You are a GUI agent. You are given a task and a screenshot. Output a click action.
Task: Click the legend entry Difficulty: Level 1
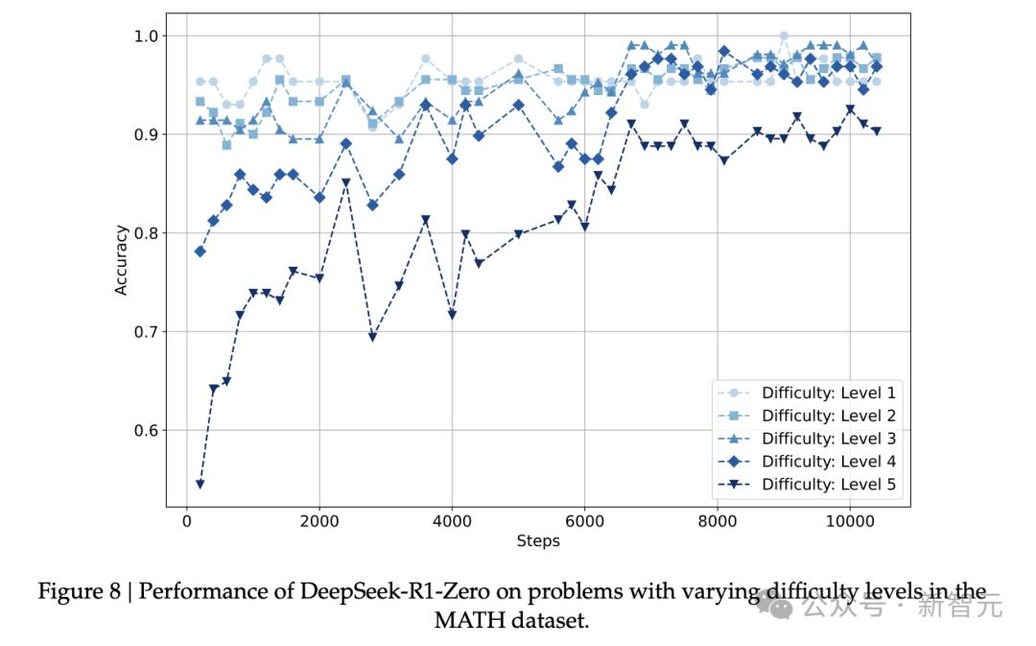pyautogui.click(x=807, y=393)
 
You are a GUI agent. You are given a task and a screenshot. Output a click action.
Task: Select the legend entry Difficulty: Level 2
pyautogui.click(x=807, y=416)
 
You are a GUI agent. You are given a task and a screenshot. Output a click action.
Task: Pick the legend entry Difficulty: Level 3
pyautogui.click(x=807, y=439)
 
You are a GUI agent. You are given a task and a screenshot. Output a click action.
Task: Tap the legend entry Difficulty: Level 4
pyautogui.click(x=807, y=462)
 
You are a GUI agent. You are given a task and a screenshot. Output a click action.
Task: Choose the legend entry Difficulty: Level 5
pyautogui.click(x=807, y=485)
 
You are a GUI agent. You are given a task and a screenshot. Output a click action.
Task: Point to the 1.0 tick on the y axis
pyautogui.click(x=146, y=36)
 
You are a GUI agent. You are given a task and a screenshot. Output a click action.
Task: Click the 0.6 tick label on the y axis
pyautogui.click(x=146, y=430)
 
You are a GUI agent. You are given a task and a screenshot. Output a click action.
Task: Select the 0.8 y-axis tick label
pyautogui.click(x=146, y=233)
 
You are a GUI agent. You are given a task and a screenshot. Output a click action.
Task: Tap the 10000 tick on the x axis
pyautogui.click(x=850, y=521)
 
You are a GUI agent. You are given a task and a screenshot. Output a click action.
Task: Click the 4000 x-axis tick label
pyautogui.click(x=452, y=521)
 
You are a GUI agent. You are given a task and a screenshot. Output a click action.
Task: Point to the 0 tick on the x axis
pyautogui.click(x=187, y=521)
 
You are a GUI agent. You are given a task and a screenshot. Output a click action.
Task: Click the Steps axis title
pyautogui.click(x=538, y=540)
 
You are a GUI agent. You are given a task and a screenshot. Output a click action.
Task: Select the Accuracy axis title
pyautogui.click(x=121, y=260)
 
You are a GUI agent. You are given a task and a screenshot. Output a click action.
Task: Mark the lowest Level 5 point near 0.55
pyautogui.click(x=200, y=485)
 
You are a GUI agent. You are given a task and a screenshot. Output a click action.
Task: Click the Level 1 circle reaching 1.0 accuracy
pyautogui.click(x=784, y=36)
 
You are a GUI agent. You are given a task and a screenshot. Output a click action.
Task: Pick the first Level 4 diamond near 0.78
pyautogui.click(x=200, y=251)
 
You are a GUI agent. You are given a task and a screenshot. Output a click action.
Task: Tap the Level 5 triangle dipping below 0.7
pyautogui.click(x=372, y=337)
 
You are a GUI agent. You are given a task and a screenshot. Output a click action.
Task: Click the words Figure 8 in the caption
pyautogui.click(x=80, y=591)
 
